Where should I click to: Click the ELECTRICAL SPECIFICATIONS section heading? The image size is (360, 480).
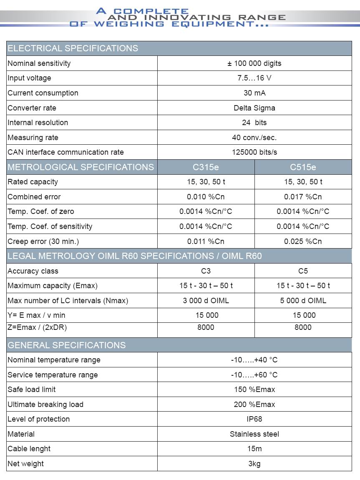tap(73, 48)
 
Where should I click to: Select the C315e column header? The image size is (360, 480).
tap(206, 167)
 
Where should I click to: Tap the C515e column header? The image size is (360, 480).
tap(303, 167)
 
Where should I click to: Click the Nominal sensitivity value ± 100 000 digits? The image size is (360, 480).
tap(254, 63)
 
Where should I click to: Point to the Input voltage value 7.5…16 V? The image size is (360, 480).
tap(254, 78)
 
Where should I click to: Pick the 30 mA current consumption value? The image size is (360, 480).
tap(254, 93)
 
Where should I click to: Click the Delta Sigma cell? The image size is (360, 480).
tap(254, 108)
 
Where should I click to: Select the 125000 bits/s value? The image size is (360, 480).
tap(254, 152)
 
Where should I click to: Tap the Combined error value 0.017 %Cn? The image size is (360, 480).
tap(303, 197)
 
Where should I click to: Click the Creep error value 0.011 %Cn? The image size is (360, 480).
tap(206, 241)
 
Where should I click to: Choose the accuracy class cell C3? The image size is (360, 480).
tap(206, 271)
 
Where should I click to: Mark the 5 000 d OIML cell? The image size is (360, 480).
tap(303, 301)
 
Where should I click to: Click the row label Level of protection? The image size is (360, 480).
tap(39, 419)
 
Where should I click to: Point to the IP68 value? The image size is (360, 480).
tap(254, 419)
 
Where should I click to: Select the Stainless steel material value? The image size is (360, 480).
tap(254, 434)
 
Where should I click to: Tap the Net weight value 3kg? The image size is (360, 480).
tap(254, 464)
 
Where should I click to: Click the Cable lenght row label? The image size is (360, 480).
tap(29, 449)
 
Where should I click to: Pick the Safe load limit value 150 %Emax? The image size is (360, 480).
tap(254, 390)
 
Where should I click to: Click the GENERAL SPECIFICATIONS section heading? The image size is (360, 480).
tap(67, 345)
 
